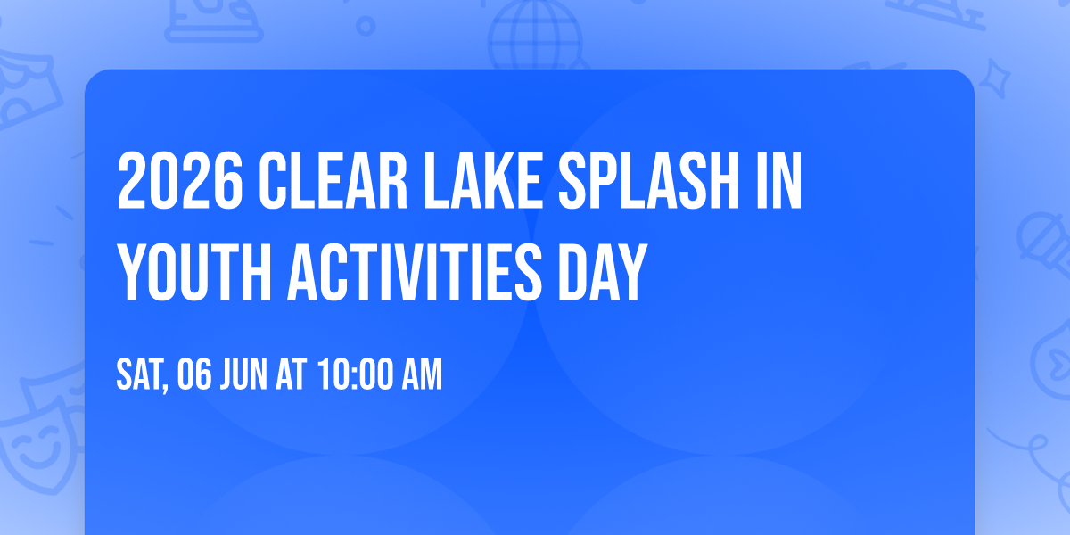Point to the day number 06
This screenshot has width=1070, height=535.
pyautogui.click(x=195, y=375)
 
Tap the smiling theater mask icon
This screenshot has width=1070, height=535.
pyautogui.click(x=36, y=437)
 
